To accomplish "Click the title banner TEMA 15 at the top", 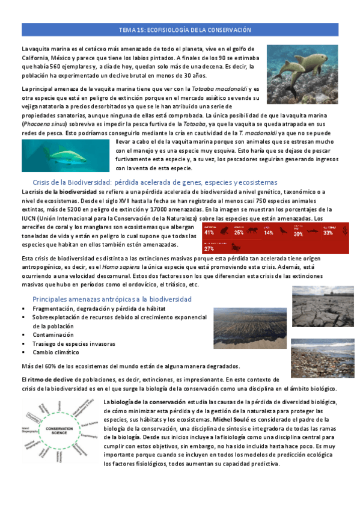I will (x=181, y=29).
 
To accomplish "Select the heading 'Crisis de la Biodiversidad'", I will (x=154, y=182).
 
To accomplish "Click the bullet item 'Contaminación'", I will (x=53, y=334).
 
